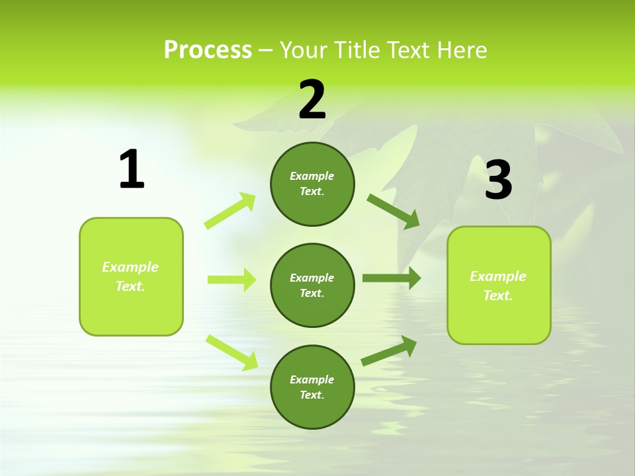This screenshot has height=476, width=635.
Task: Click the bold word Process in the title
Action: (x=208, y=50)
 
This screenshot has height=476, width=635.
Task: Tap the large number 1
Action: (x=132, y=169)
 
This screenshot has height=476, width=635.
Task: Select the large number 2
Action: (x=312, y=100)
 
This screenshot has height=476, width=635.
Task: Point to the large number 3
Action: (x=498, y=180)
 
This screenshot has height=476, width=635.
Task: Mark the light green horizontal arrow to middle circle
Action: (x=232, y=280)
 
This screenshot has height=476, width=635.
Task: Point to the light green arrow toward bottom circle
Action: (x=232, y=352)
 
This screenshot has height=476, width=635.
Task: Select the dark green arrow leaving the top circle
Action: (x=394, y=212)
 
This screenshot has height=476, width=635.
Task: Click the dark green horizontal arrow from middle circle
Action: (x=391, y=278)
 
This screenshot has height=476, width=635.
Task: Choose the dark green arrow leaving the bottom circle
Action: (x=389, y=351)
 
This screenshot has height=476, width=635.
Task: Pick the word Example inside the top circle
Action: (x=312, y=176)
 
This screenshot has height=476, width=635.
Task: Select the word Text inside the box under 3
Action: (x=497, y=296)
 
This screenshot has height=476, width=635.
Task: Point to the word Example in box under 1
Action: (x=130, y=267)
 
